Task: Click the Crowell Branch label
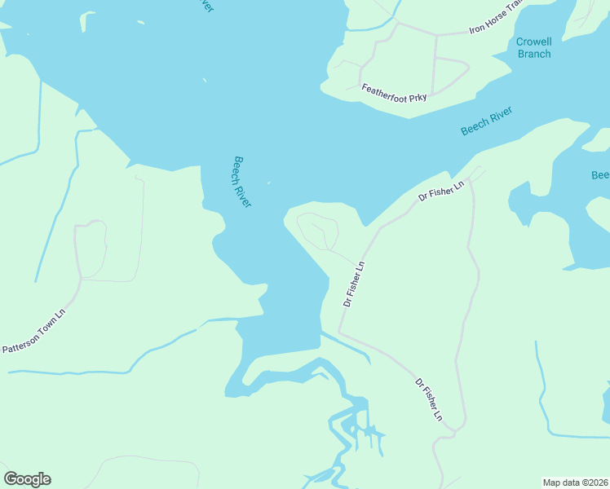click(534, 48)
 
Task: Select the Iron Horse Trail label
click(494, 21)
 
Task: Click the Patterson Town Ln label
click(33, 331)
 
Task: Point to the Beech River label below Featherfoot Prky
click(486, 121)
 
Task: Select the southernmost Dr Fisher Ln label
click(428, 399)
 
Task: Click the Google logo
click(27, 479)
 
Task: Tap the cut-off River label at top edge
click(207, 6)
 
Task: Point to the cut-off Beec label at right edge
click(600, 175)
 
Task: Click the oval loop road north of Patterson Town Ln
click(91, 249)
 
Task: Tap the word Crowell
click(534, 42)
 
